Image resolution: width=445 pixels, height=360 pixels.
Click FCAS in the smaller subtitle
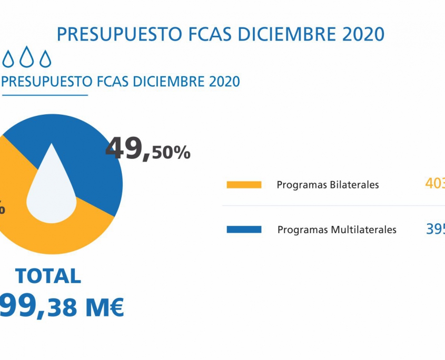pyautogui.click(x=114, y=82)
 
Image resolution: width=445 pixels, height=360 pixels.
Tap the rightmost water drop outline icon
pyautogui.click(x=46, y=58)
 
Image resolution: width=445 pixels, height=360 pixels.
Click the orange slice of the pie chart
pyautogui.click(x=58, y=232)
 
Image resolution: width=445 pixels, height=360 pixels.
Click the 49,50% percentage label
pyautogui.click(x=147, y=149)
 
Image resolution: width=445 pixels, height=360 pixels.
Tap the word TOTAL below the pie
pyautogui.click(x=48, y=276)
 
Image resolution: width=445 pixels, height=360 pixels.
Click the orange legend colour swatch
pyautogui.click(x=244, y=185)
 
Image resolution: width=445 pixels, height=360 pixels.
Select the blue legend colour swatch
pyautogui.click(x=244, y=229)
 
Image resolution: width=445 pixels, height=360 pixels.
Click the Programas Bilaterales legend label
pyautogui.click(x=328, y=185)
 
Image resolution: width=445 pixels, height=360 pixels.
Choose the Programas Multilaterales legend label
pyautogui.click(x=337, y=229)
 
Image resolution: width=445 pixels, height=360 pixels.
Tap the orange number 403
pyautogui.click(x=435, y=184)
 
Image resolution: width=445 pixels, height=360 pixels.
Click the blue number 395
pyautogui.click(x=435, y=229)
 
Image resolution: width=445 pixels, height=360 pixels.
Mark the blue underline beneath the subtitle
pyautogui.click(x=44, y=95)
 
